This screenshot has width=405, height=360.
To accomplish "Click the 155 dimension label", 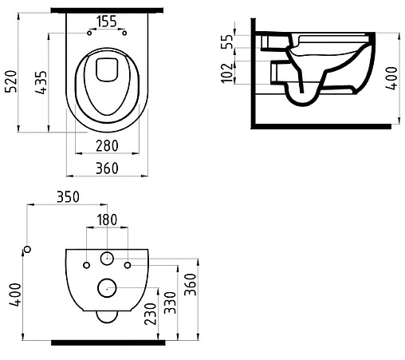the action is tap(107, 22).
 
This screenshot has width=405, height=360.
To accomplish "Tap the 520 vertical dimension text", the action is tap(11, 81).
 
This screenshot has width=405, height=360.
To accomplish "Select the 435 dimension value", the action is tap(41, 82).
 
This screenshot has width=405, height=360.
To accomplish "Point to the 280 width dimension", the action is tap(107, 146).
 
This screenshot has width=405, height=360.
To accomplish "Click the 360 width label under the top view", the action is tap(107, 168).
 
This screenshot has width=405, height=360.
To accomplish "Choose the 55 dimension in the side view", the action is tap(227, 42).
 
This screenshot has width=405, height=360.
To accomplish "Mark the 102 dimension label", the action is tap(227, 73).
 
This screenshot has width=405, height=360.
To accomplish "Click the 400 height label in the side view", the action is tap(392, 78).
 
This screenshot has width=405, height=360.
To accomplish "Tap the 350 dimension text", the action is tap(68, 197).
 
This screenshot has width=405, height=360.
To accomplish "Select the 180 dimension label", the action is tap(107, 220).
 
